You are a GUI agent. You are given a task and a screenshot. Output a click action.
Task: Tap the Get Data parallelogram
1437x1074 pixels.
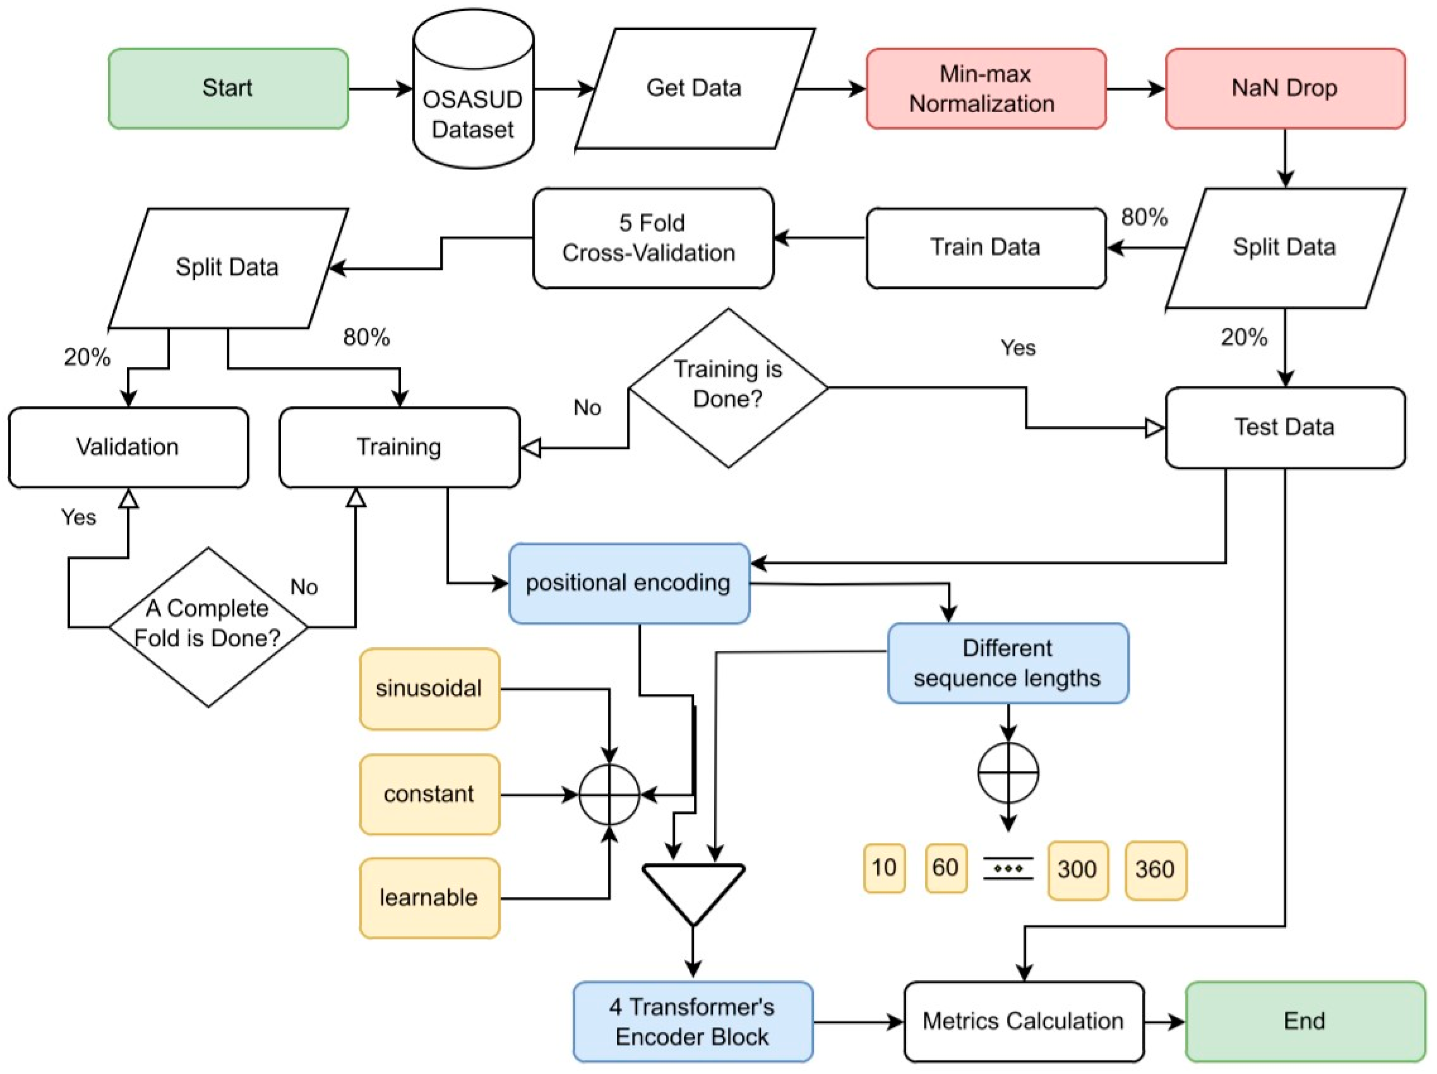[694, 88]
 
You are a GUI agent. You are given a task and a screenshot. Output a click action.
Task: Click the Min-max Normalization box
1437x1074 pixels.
[985, 88]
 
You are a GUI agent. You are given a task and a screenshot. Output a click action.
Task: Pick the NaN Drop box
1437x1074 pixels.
[1284, 88]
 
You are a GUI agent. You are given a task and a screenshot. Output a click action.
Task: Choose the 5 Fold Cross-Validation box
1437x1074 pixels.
[652, 238]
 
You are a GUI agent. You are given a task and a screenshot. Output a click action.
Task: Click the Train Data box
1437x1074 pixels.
[985, 248]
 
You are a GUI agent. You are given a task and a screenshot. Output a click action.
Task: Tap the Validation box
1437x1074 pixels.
[128, 447]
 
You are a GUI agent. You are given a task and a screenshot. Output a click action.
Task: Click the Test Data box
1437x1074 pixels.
[1284, 428]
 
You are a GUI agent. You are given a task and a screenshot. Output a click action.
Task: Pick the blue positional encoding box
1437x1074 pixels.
[629, 583]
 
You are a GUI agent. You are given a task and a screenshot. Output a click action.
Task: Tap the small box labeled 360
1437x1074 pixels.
[1155, 869]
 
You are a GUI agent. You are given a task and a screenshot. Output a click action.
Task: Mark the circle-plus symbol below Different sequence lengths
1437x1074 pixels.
[1007, 773]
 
